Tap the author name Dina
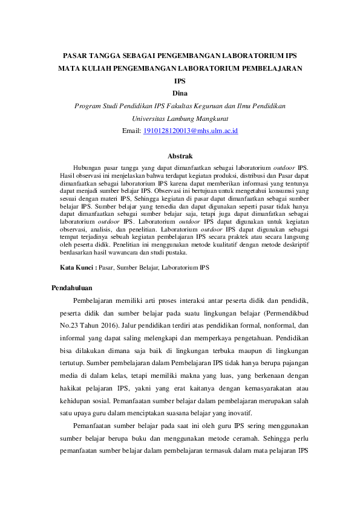tap(180, 93)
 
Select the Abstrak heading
tap(180, 156)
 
